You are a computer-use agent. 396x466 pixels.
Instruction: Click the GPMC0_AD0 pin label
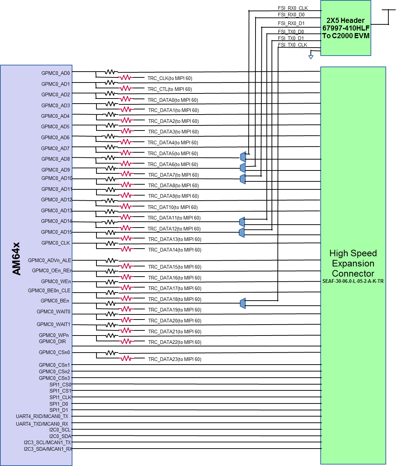tap(56, 73)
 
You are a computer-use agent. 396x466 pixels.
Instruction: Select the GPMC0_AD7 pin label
tap(55, 148)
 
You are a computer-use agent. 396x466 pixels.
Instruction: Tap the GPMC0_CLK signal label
tap(56, 243)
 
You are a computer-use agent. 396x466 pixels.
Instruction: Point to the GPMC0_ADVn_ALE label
tap(49, 260)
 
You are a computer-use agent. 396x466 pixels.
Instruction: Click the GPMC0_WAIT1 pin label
tap(54, 324)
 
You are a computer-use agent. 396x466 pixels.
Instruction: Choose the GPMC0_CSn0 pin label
tap(54, 352)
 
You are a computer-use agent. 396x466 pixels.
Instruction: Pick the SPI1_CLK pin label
tap(60, 397)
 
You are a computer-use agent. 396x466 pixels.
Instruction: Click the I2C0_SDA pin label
tap(60, 436)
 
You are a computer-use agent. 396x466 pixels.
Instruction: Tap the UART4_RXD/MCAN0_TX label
tap(42, 417)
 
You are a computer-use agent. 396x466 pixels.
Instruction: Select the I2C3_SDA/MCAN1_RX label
tap(48, 449)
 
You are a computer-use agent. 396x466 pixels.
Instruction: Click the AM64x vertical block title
tap(17, 259)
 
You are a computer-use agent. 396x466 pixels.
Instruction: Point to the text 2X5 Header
tap(345, 20)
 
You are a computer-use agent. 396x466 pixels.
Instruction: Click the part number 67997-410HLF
tap(346, 28)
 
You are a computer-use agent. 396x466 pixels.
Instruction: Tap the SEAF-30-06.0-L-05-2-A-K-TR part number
tap(353, 281)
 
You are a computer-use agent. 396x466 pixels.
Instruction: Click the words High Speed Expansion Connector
tap(353, 263)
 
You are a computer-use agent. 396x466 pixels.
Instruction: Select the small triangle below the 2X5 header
tap(311, 57)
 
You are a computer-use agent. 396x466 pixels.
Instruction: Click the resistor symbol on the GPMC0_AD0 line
tap(126, 77)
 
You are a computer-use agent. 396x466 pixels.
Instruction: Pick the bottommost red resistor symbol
tap(126, 358)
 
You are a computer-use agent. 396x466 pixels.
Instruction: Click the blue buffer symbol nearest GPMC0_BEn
tap(243, 303)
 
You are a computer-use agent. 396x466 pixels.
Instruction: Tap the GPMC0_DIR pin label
tap(52, 341)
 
